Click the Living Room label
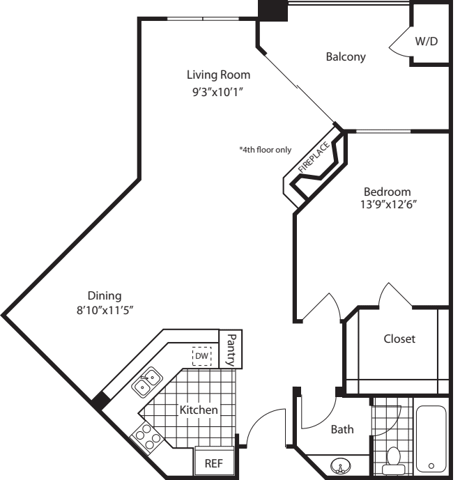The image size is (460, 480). [217, 75]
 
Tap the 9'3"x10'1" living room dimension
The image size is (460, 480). [217, 91]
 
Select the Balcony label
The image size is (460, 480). [346, 57]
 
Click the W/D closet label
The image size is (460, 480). [427, 41]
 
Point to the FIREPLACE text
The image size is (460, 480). [313, 157]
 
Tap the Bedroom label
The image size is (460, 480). [387, 192]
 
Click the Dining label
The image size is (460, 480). [105, 295]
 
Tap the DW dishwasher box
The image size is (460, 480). [201, 356]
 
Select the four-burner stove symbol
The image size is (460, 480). [146, 437]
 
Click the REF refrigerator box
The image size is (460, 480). [213, 463]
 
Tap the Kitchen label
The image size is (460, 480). [199, 410]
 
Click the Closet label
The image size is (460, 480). [399, 339]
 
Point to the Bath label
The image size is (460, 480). [342, 430]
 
